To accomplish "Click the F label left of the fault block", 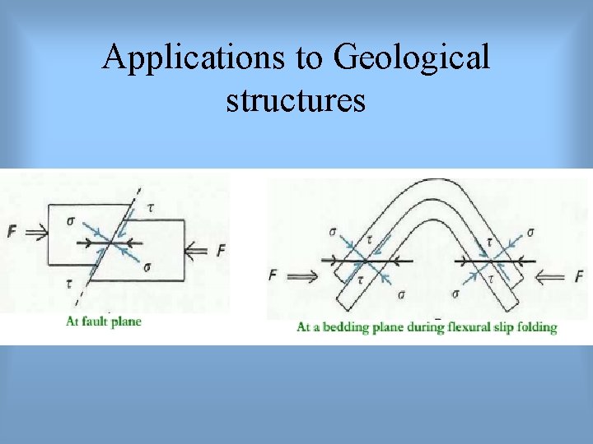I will point(11,233).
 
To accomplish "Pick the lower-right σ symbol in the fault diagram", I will point(147,267).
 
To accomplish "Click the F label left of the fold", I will point(273,275).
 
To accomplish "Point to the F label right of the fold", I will point(579,276).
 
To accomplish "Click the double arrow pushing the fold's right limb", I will point(553,277).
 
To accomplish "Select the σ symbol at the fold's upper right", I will point(529,233).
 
